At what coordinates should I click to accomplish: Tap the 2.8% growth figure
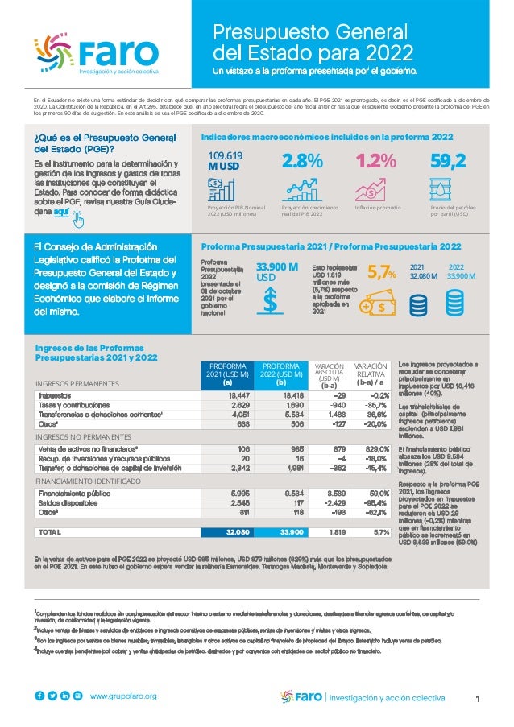pyautogui.click(x=302, y=162)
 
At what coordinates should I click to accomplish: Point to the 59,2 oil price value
pyautogui.click(x=449, y=162)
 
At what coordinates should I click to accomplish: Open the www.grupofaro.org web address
pyautogui.click(x=123, y=696)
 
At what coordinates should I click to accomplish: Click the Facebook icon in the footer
pyautogui.click(x=39, y=696)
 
